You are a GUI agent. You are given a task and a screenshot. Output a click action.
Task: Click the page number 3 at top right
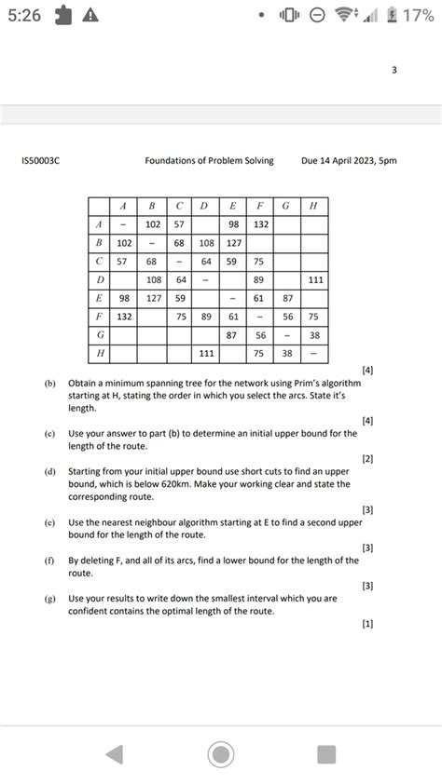coord(394,69)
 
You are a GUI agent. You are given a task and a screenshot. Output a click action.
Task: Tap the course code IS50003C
coord(40,161)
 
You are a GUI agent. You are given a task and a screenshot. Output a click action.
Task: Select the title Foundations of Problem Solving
coord(209,161)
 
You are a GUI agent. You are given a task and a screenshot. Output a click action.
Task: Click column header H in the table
coord(313,206)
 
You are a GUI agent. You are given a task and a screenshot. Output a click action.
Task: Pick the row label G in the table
coord(99,335)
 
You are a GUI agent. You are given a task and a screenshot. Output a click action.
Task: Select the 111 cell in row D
coord(315,279)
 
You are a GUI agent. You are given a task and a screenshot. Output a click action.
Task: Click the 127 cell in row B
coord(233,242)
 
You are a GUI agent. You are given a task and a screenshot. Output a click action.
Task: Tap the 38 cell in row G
coord(315,335)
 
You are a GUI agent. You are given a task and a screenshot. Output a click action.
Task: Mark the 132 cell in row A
coord(260,223)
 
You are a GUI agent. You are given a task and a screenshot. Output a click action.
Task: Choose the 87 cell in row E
coord(287,298)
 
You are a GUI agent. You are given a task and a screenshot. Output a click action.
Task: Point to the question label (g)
coord(48,599)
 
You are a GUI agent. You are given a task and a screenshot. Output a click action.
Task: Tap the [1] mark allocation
coord(367,624)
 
